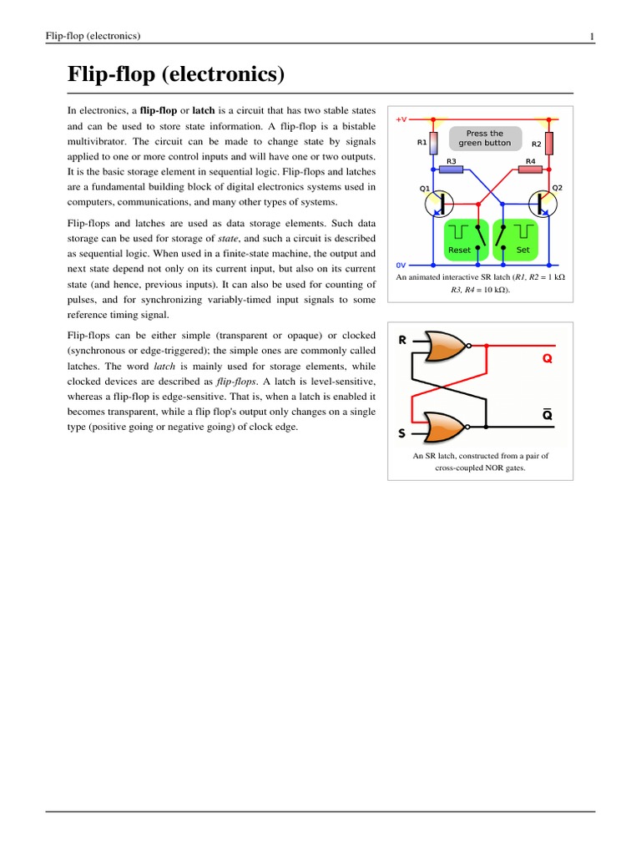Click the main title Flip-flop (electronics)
coord(176,76)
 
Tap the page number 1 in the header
coord(591,36)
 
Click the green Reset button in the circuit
coord(460,237)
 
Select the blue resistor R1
coord(433,144)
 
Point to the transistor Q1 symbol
coord(437,202)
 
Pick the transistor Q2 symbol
coord(544,202)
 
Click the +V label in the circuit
coord(401,119)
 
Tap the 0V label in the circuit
coord(401,264)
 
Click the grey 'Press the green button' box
coord(485,138)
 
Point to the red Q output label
coord(548,359)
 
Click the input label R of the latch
coord(402,341)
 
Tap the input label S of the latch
coord(401,434)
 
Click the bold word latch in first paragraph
coord(204,110)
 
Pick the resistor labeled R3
coord(452,169)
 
